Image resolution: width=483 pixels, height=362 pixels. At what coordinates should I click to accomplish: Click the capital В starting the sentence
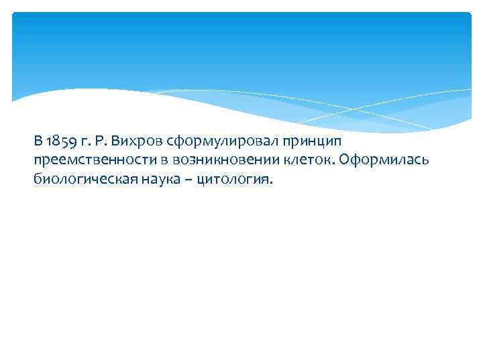coord(38,141)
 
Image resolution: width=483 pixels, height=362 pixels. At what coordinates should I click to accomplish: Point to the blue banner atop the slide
coord(241,47)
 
